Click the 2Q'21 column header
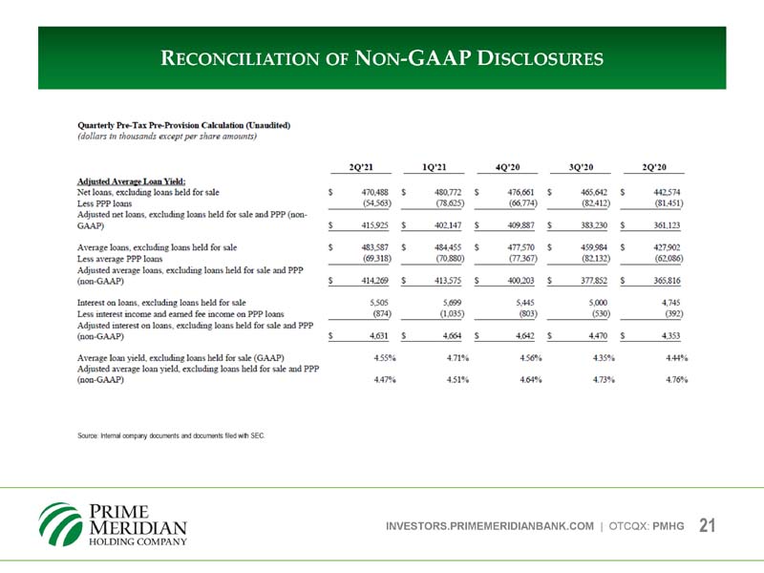coord(367,163)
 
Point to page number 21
coord(708,526)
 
